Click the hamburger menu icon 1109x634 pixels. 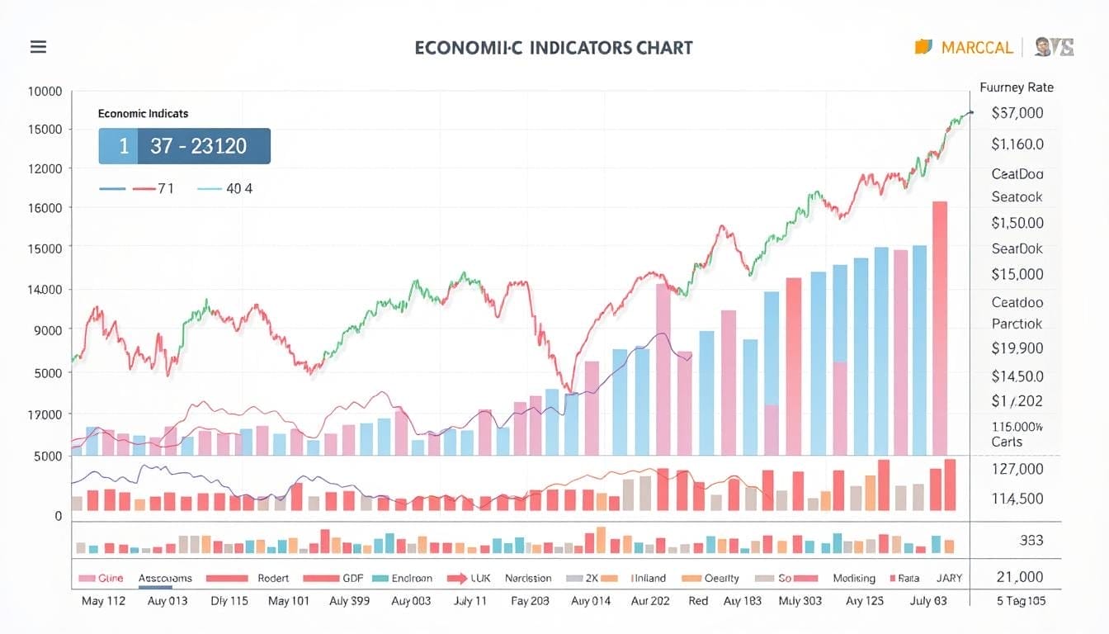click(38, 47)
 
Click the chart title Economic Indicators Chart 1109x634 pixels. click(553, 47)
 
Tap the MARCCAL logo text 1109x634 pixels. click(976, 47)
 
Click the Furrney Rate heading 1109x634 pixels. click(1016, 87)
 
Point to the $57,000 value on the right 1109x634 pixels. click(1017, 113)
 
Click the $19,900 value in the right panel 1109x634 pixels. click(1017, 348)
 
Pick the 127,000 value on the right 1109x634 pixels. click(1018, 469)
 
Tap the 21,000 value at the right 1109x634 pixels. click(1019, 577)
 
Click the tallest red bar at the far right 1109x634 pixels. click(939, 328)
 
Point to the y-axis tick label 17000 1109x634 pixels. click(46, 414)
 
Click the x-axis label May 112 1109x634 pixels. click(103, 601)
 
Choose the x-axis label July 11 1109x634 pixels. click(470, 601)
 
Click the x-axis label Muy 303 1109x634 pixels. click(800, 601)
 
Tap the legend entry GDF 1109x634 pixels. click(353, 579)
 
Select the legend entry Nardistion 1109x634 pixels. click(528, 579)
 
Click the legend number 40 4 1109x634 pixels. click(238, 188)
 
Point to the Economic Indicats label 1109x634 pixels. click(143, 113)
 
